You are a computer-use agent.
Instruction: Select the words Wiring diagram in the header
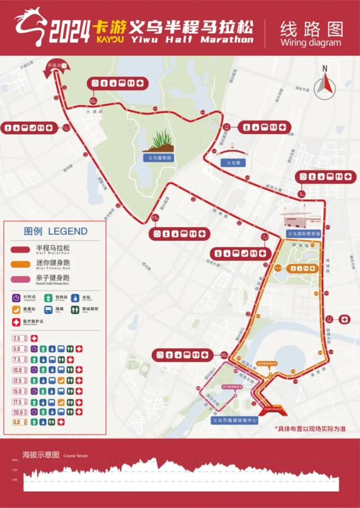(x=310, y=43)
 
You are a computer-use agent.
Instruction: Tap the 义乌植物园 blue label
(x=157, y=158)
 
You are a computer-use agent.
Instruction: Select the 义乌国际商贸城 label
(x=304, y=234)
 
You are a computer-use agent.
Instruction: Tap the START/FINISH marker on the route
(x=272, y=410)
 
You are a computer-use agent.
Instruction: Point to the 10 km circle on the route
(x=94, y=100)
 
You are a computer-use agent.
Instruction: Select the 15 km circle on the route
(x=155, y=218)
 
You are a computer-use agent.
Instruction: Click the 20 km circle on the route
(x=224, y=355)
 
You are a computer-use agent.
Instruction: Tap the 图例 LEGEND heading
(x=55, y=232)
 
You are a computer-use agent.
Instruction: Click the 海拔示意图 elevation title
(x=41, y=455)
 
